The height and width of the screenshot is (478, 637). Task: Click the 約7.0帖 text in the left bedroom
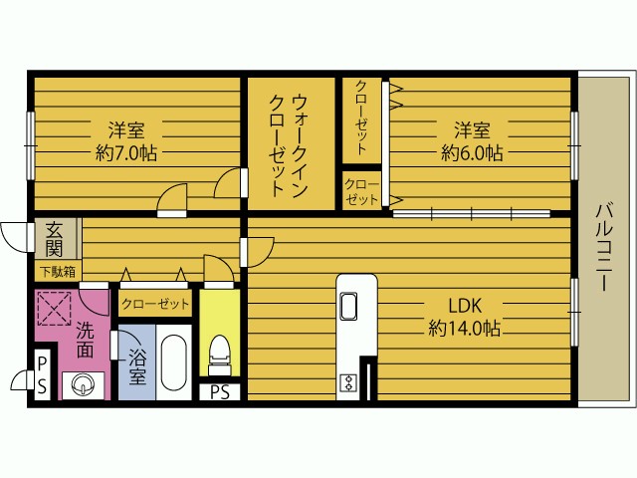tap(126, 153)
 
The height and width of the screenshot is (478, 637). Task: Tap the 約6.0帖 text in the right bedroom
tap(472, 153)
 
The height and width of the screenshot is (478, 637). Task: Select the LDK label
tap(464, 305)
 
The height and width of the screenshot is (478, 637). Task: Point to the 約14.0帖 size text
tap(464, 328)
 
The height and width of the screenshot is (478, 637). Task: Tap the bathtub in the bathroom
tap(175, 364)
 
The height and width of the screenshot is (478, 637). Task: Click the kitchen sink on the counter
tap(350, 306)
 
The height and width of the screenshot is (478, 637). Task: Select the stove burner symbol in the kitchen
tap(349, 382)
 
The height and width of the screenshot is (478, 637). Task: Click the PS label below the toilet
tap(220, 392)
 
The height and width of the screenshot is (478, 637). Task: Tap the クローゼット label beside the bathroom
tap(155, 304)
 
